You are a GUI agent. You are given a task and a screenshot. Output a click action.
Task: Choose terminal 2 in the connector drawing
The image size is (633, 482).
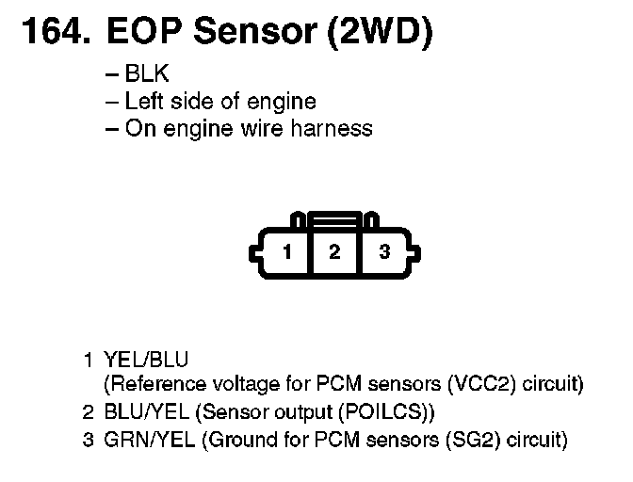tap(334, 251)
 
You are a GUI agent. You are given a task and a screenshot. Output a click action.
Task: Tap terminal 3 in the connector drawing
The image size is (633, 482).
tap(383, 251)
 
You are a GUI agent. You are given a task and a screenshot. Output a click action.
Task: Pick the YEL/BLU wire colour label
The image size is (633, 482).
tap(145, 359)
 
